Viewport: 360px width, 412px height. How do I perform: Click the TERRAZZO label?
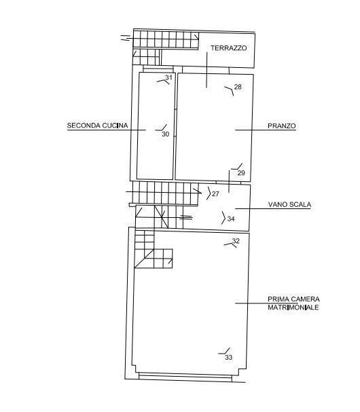(x=228, y=48)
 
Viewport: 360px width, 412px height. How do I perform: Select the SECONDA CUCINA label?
(x=97, y=126)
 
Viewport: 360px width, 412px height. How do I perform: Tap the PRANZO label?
(x=282, y=126)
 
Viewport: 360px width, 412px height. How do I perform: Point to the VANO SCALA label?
(x=289, y=204)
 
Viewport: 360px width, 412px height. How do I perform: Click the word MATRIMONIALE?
(x=293, y=307)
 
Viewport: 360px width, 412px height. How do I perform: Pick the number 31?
(x=168, y=77)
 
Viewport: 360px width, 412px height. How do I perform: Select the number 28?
(x=238, y=87)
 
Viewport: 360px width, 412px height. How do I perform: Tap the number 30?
(x=166, y=134)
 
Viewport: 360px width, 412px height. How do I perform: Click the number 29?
(x=241, y=172)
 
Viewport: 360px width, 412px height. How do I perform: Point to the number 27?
(x=215, y=194)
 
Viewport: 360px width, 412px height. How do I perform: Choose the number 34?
(x=231, y=219)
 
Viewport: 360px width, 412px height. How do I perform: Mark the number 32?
(x=236, y=241)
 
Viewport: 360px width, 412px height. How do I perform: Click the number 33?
(x=229, y=357)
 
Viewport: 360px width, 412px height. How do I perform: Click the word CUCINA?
(x=115, y=126)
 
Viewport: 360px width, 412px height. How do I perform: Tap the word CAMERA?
(x=305, y=299)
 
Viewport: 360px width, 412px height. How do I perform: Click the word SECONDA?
(x=84, y=126)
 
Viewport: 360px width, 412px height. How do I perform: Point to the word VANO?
(x=277, y=204)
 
